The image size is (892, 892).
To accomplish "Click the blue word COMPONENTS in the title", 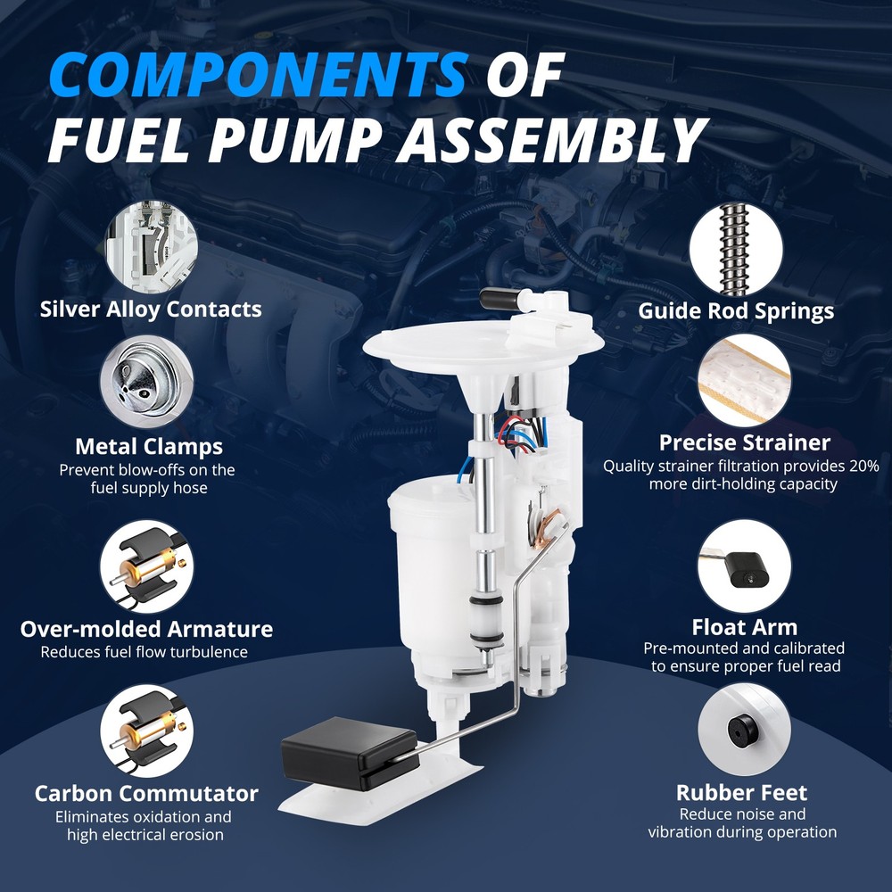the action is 259,75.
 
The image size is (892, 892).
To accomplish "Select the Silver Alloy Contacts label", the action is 151,309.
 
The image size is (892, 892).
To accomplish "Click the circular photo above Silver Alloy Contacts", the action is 152,246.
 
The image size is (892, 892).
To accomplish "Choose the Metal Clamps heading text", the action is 149,447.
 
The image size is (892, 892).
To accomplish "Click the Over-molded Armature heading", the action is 146,629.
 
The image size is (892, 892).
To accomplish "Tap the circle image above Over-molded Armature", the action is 147,566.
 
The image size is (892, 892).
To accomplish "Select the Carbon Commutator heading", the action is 146,793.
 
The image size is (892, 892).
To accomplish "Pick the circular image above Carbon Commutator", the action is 147,731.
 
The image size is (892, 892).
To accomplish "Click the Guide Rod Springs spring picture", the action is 736,250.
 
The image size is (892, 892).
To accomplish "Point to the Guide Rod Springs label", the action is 736,310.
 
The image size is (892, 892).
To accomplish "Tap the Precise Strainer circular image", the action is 744,380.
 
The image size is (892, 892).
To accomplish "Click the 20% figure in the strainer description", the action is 864,466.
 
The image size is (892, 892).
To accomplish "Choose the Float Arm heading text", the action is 744,627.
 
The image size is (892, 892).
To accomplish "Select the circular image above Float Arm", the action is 744,566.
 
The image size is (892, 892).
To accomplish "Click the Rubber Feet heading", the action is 742,792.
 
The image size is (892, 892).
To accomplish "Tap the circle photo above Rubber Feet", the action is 744,730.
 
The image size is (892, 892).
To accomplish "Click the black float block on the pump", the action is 350,752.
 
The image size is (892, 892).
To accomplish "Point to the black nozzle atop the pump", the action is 501,299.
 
